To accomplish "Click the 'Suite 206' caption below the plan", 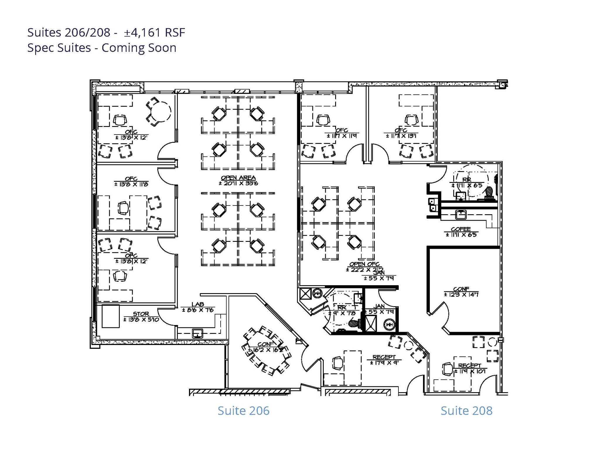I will click(x=243, y=411).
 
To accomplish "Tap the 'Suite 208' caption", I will click(x=466, y=411).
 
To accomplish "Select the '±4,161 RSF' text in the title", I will click(x=154, y=33).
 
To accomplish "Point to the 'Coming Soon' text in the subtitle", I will click(x=139, y=48).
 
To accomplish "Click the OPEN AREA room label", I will click(x=238, y=178).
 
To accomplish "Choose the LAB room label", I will click(x=198, y=305).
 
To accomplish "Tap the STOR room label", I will click(x=141, y=314).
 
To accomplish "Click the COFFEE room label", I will click(x=461, y=229).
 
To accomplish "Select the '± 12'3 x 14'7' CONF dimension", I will click(x=461, y=295).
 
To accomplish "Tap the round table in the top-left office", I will click(x=160, y=111).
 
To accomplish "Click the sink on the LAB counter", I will click(x=197, y=333).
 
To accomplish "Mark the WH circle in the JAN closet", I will click(x=389, y=325).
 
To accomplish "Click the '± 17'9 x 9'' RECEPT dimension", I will click(x=384, y=363).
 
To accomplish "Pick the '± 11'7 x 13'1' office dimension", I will click(x=401, y=136).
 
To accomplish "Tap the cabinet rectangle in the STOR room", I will click(x=110, y=316).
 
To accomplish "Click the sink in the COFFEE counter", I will click(x=461, y=214).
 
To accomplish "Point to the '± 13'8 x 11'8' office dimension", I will click(x=131, y=184).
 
